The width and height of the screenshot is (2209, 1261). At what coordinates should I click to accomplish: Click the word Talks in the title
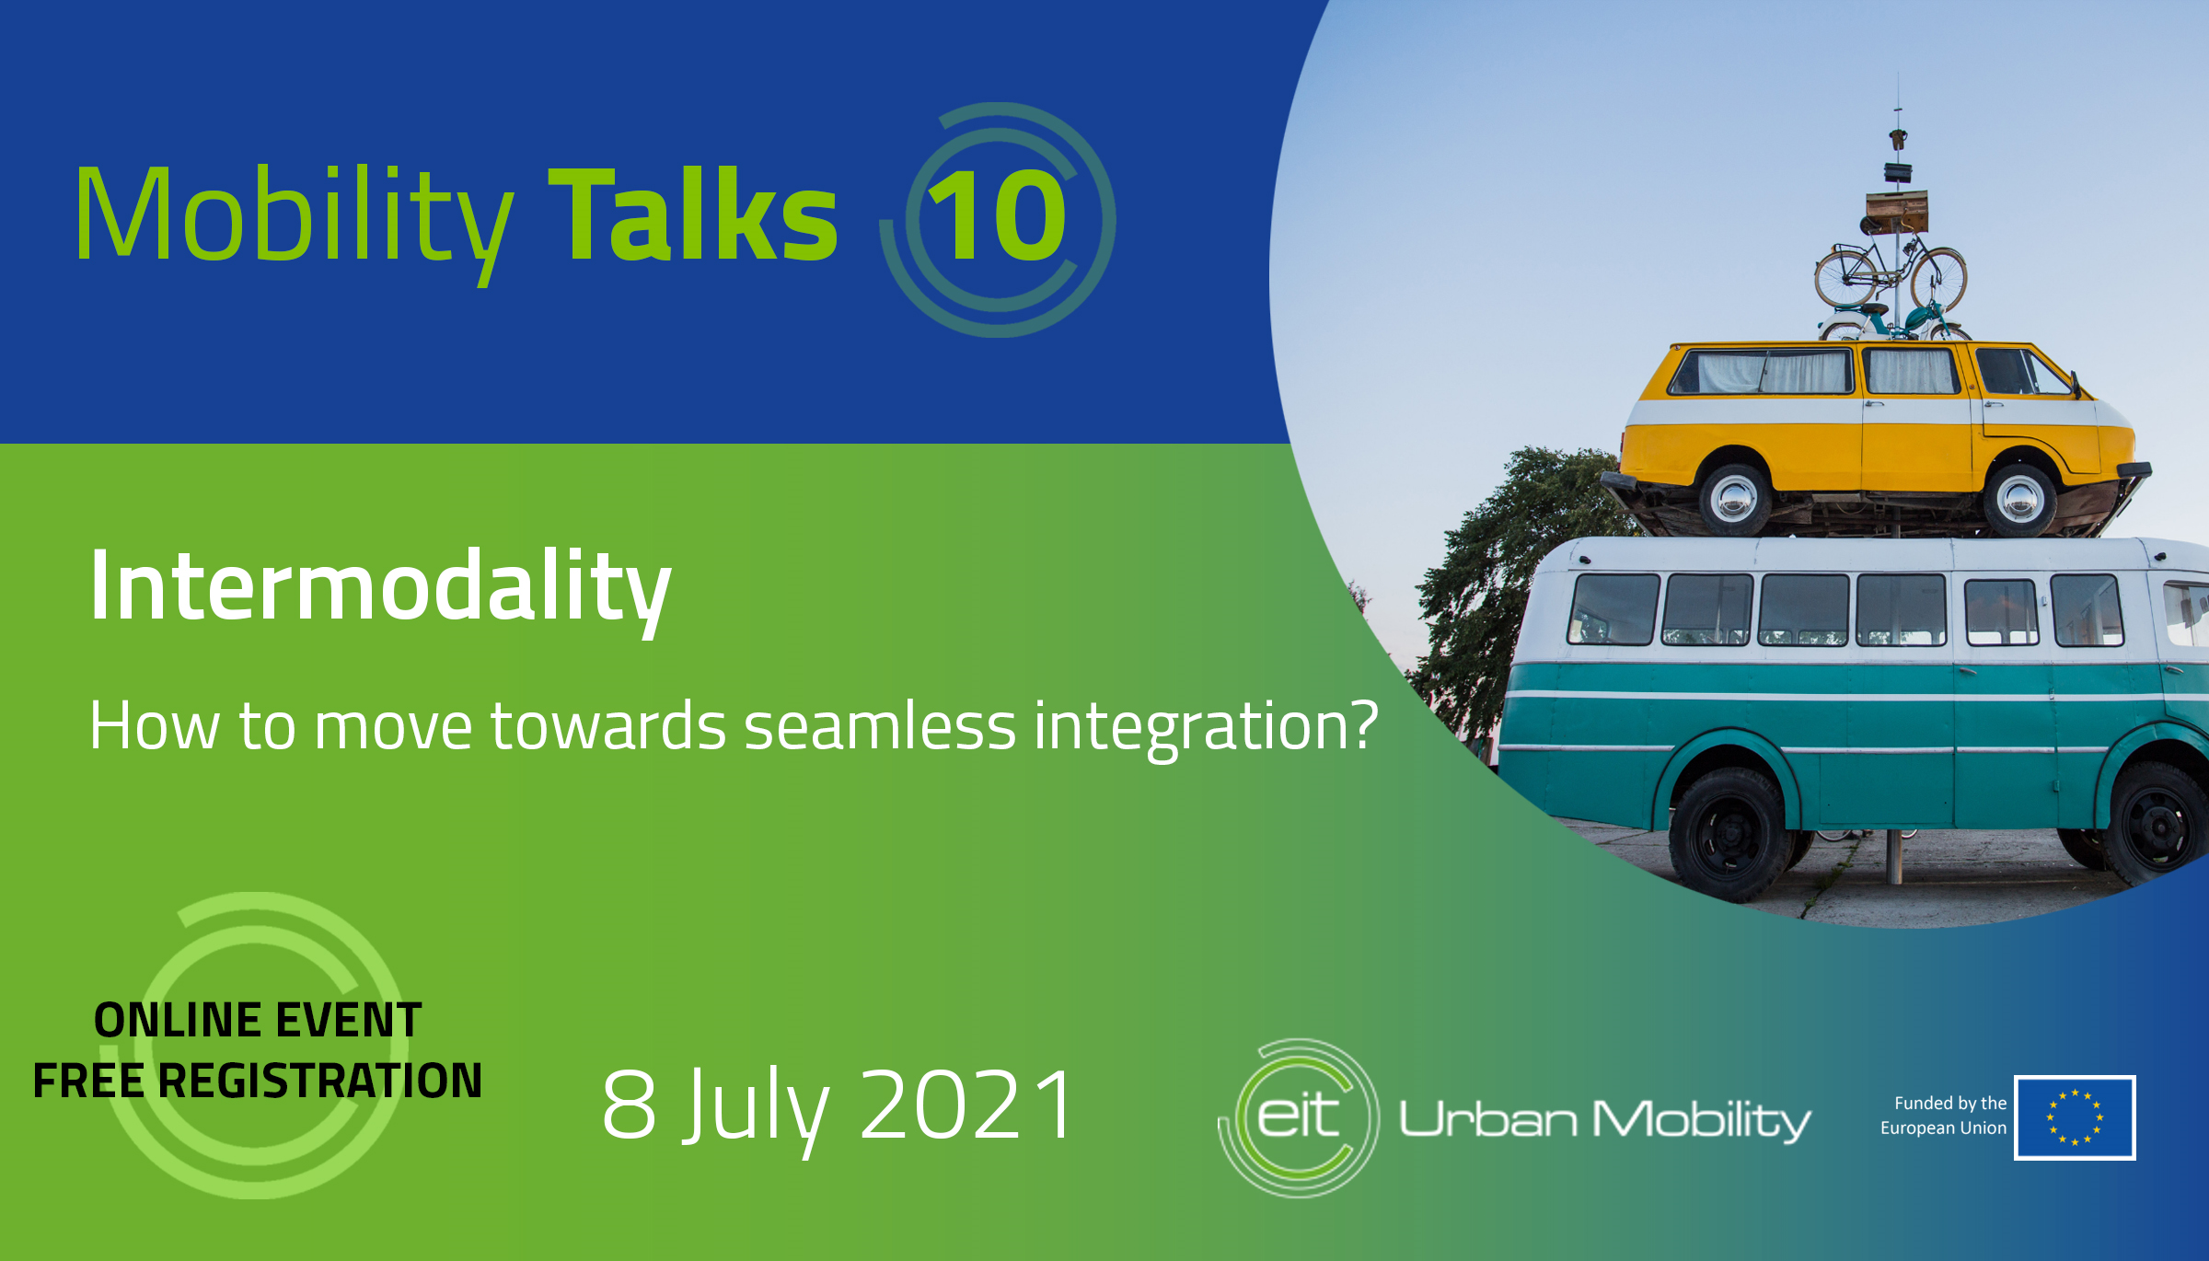click(x=692, y=214)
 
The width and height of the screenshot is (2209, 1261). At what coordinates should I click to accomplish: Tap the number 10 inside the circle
click(x=997, y=216)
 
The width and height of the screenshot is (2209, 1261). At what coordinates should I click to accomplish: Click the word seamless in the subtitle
click(x=880, y=726)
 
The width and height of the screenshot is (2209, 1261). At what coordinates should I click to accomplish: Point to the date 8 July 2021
click(x=837, y=1105)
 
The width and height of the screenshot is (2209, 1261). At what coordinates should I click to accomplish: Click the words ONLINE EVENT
click(x=258, y=1021)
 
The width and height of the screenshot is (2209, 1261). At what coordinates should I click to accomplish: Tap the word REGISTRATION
click(x=320, y=1081)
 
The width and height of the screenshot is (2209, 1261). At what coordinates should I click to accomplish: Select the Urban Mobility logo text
click(x=1604, y=1120)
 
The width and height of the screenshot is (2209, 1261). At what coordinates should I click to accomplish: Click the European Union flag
click(x=2075, y=1117)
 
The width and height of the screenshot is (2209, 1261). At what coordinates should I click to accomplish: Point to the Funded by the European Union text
click(x=1944, y=1116)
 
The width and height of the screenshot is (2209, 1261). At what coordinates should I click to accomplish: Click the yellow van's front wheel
click(x=2021, y=499)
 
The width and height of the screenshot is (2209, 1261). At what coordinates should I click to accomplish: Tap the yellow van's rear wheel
click(x=1734, y=498)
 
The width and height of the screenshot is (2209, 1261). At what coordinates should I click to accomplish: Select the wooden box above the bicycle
click(x=1896, y=212)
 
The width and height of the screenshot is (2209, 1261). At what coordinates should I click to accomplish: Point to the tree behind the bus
click(x=1509, y=589)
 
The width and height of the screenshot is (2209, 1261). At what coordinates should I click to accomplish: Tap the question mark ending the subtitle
click(x=1362, y=724)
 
